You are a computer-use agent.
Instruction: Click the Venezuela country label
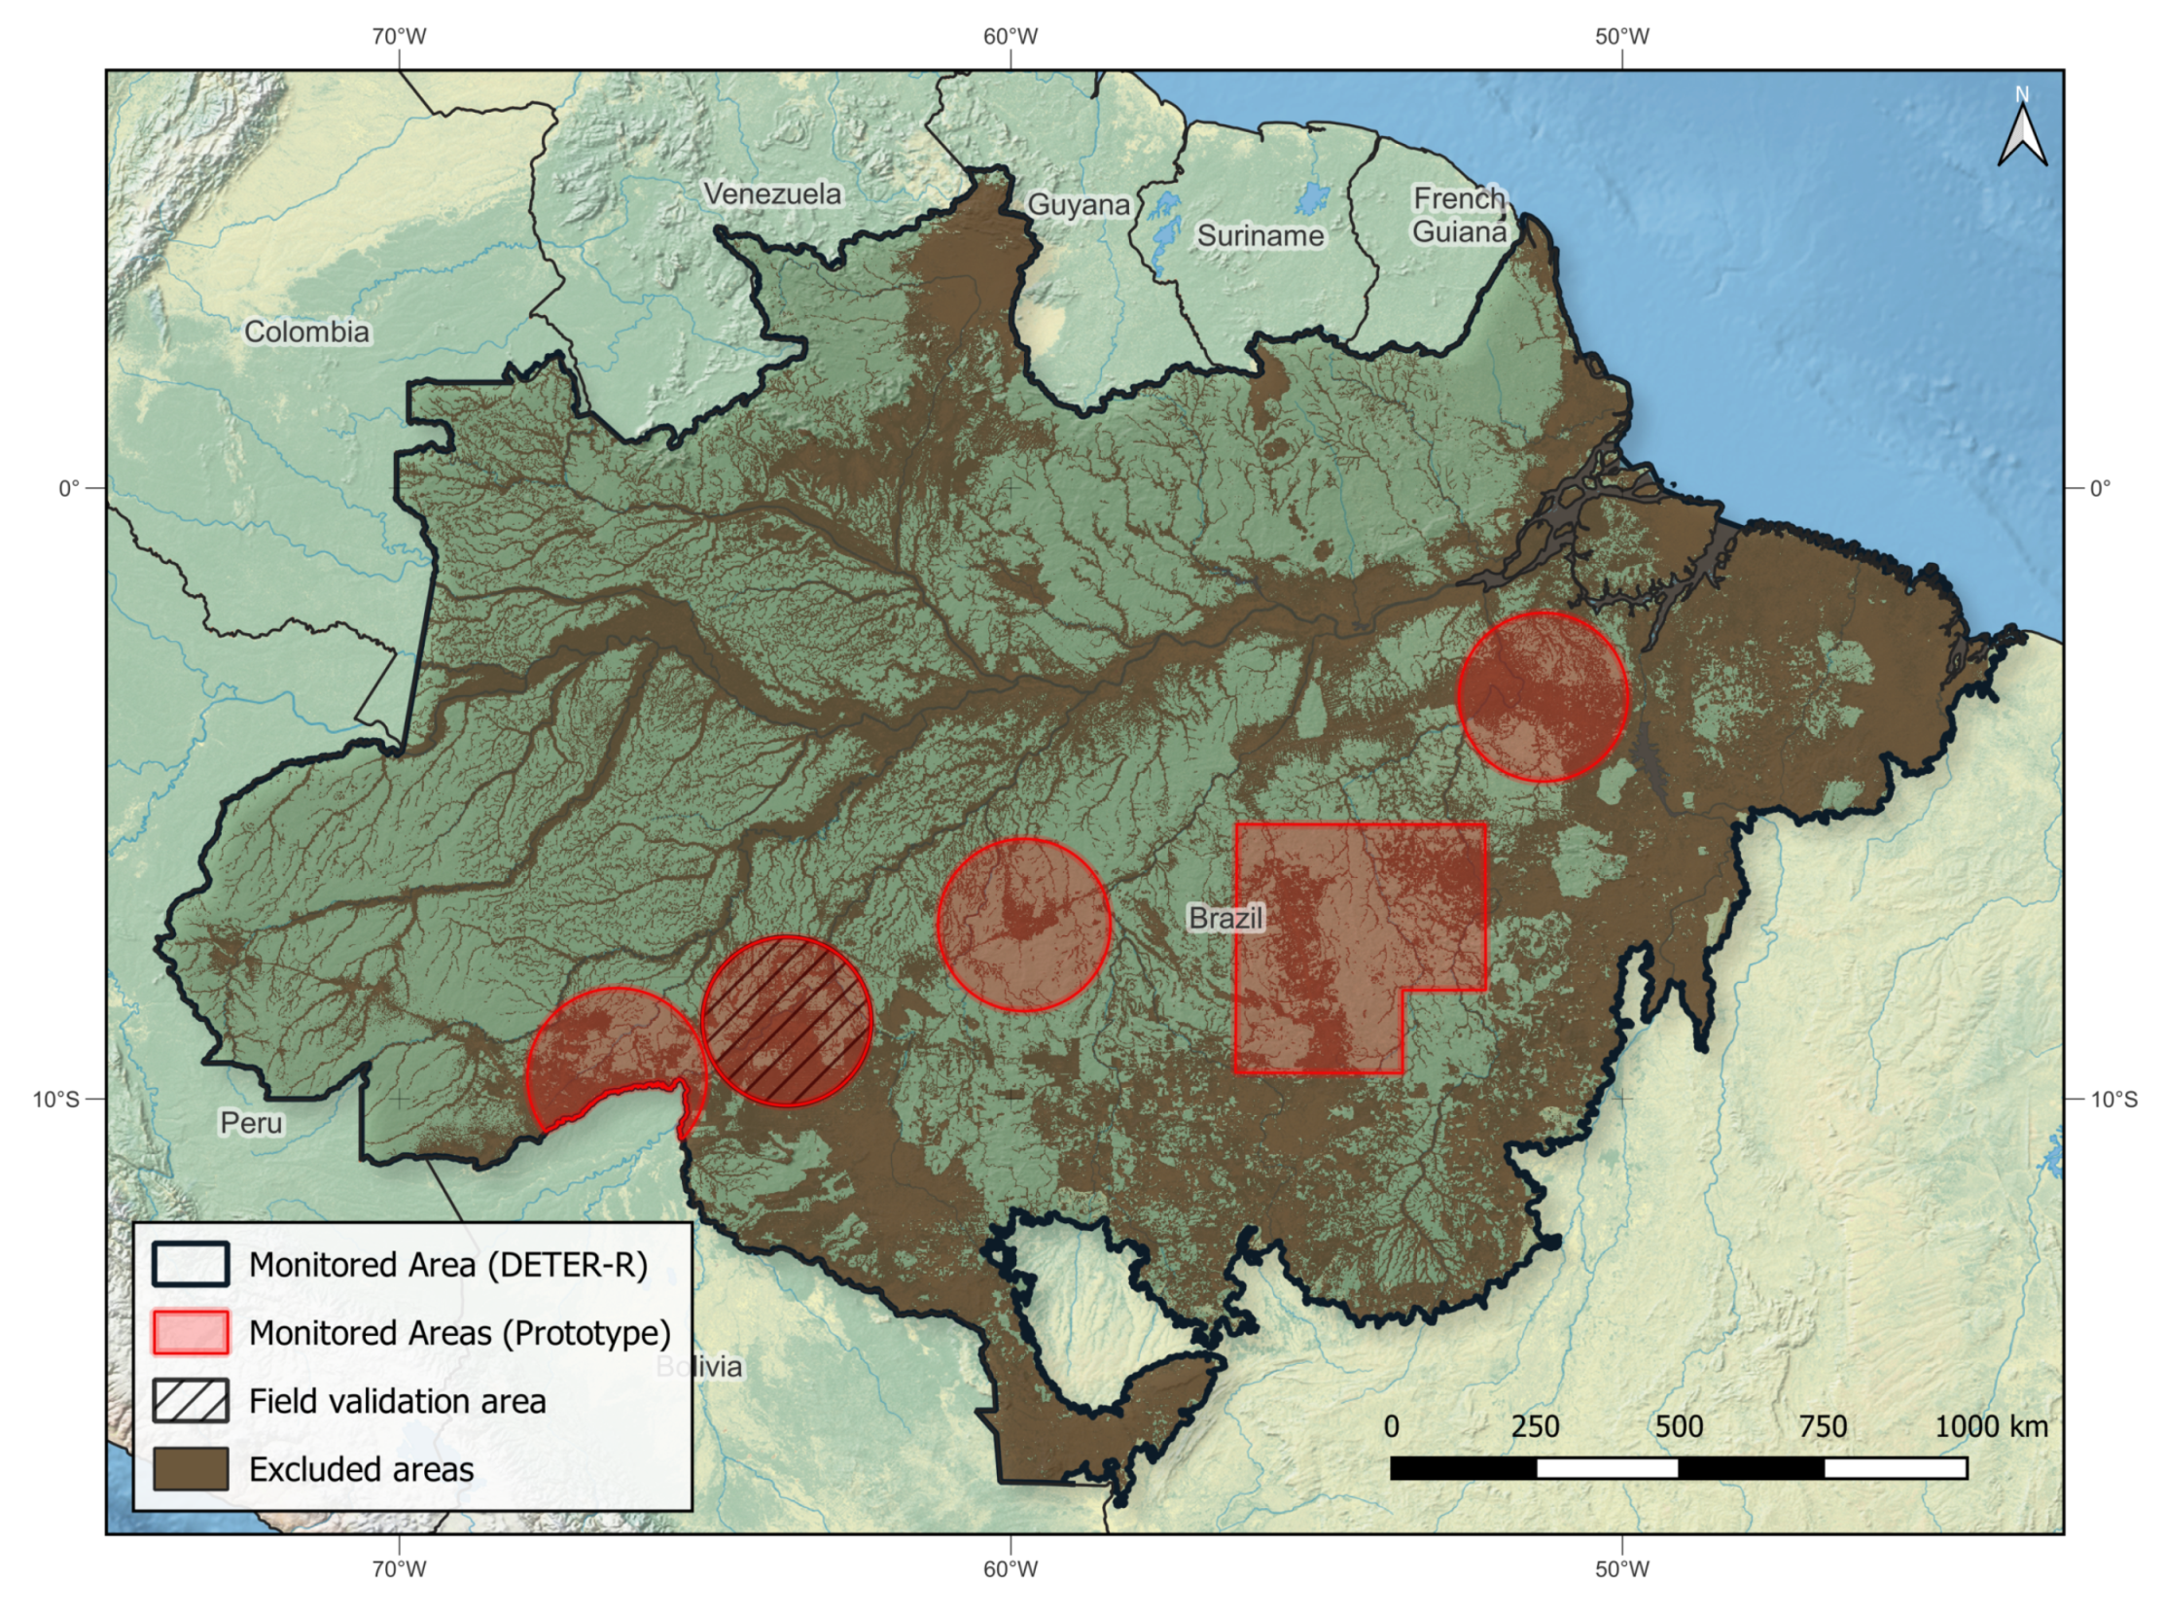click(772, 193)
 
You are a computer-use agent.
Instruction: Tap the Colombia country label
click(306, 332)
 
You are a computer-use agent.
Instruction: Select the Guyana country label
click(1078, 205)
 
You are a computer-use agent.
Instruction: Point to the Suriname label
click(1260, 235)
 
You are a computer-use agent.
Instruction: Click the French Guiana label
click(1459, 215)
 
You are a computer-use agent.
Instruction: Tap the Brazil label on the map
click(1225, 917)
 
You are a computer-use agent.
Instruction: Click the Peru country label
click(251, 1122)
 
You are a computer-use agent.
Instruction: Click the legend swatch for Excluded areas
click(191, 1468)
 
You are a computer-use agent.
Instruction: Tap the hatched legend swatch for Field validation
click(191, 1400)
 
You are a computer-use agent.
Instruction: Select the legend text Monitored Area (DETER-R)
click(448, 1265)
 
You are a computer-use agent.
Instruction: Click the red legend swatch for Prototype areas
click(191, 1332)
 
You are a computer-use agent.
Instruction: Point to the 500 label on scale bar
click(1679, 1426)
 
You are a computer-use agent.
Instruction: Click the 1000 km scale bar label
click(1990, 1426)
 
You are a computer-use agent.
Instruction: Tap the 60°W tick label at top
click(1011, 36)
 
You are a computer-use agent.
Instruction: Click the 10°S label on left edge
click(55, 1100)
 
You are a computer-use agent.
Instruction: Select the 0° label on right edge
click(2100, 488)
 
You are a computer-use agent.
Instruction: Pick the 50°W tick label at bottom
click(1622, 1569)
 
